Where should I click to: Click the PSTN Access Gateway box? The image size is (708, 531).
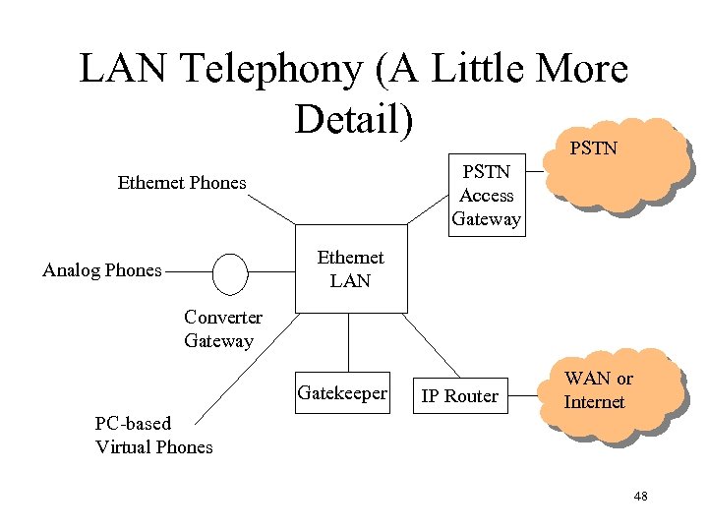coord(486,196)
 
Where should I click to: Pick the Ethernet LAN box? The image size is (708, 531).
coord(351,269)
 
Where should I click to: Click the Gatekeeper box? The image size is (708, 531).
coord(342,393)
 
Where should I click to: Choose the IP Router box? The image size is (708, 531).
coord(459,396)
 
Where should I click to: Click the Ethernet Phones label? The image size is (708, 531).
coord(182,182)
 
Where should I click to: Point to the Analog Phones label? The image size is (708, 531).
coord(102,270)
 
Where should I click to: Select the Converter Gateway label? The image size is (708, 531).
coord(222,329)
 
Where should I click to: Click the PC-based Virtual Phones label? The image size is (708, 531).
coord(153,436)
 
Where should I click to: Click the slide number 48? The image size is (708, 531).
coord(640,497)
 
